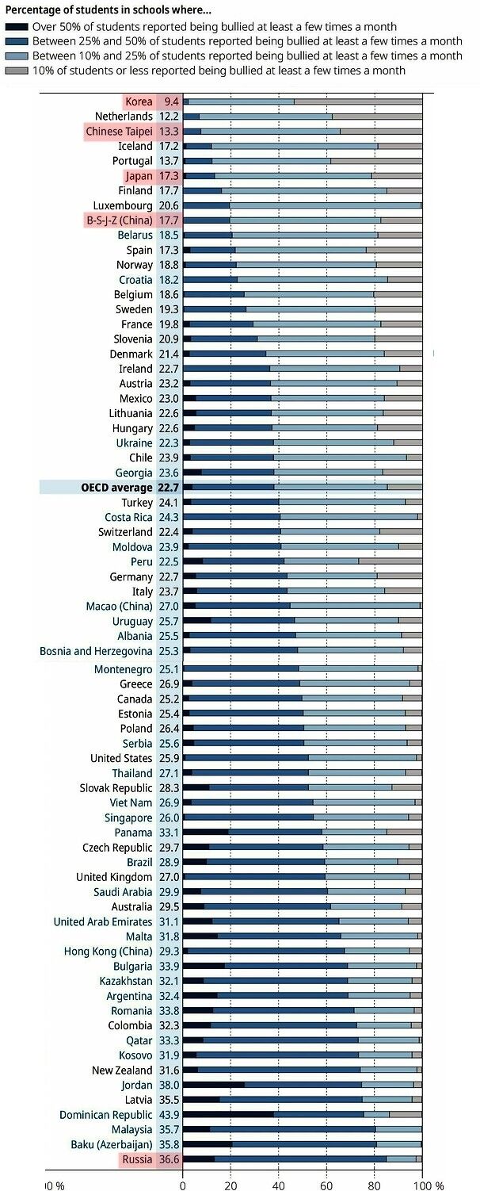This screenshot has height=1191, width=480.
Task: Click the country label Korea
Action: coord(139,101)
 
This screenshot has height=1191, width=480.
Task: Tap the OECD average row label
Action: coord(116,488)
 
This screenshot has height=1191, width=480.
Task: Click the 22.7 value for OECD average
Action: coord(169,488)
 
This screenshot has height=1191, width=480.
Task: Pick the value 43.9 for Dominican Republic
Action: coord(169,1114)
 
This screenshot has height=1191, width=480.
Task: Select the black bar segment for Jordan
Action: coord(213,1085)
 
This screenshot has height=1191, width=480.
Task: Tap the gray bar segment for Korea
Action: coord(358,101)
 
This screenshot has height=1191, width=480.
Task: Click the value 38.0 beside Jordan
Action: coord(169,1085)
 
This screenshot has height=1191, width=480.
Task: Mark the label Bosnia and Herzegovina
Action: coord(96,651)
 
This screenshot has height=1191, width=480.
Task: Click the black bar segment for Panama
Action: coord(206,833)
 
